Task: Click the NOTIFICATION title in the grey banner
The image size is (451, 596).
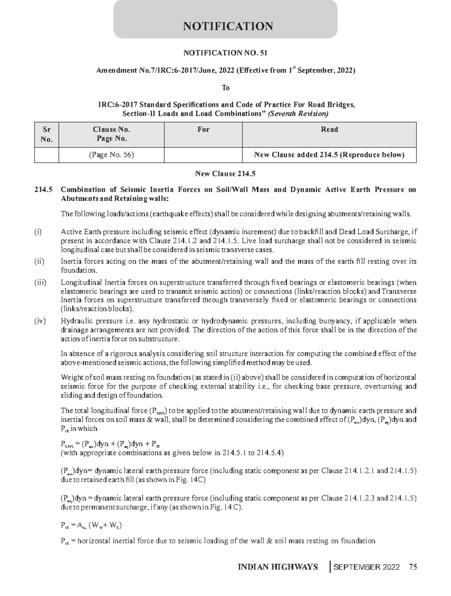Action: click(228, 26)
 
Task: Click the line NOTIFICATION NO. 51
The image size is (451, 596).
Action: click(225, 53)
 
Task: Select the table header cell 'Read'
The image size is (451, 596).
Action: click(329, 130)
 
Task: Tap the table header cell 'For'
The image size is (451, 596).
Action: click(203, 130)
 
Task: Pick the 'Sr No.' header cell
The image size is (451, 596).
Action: click(47, 135)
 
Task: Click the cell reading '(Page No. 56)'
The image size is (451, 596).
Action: click(111, 155)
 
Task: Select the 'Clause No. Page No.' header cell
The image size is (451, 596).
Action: click(111, 134)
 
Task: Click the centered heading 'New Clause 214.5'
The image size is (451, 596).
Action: click(225, 174)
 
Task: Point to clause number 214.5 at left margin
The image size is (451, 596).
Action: click(41, 190)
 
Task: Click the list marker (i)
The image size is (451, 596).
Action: click(38, 232)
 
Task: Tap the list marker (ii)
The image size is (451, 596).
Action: click(39, 262)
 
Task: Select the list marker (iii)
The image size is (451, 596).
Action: click(40, 283)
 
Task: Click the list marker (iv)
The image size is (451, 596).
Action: click(39, 321)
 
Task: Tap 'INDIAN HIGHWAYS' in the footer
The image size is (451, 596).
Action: click(278, 567)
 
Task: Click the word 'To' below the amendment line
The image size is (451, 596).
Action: click(225, 88)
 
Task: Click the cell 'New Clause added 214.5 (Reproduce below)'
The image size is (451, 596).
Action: click(329, 155)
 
